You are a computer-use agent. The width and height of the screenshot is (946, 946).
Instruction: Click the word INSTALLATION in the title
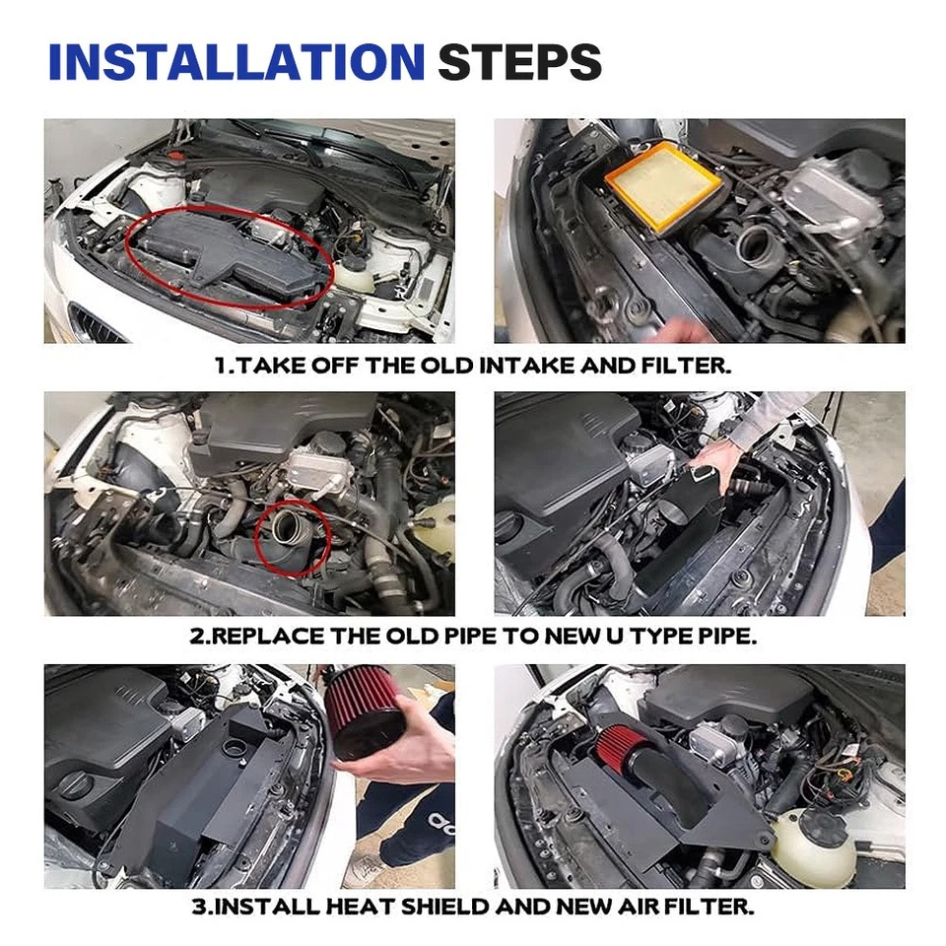(x=236, y=62)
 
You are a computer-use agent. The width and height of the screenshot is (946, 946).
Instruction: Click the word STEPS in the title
(x=519, y=62)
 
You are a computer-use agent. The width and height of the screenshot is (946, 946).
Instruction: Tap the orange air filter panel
(x=661, y=186)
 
